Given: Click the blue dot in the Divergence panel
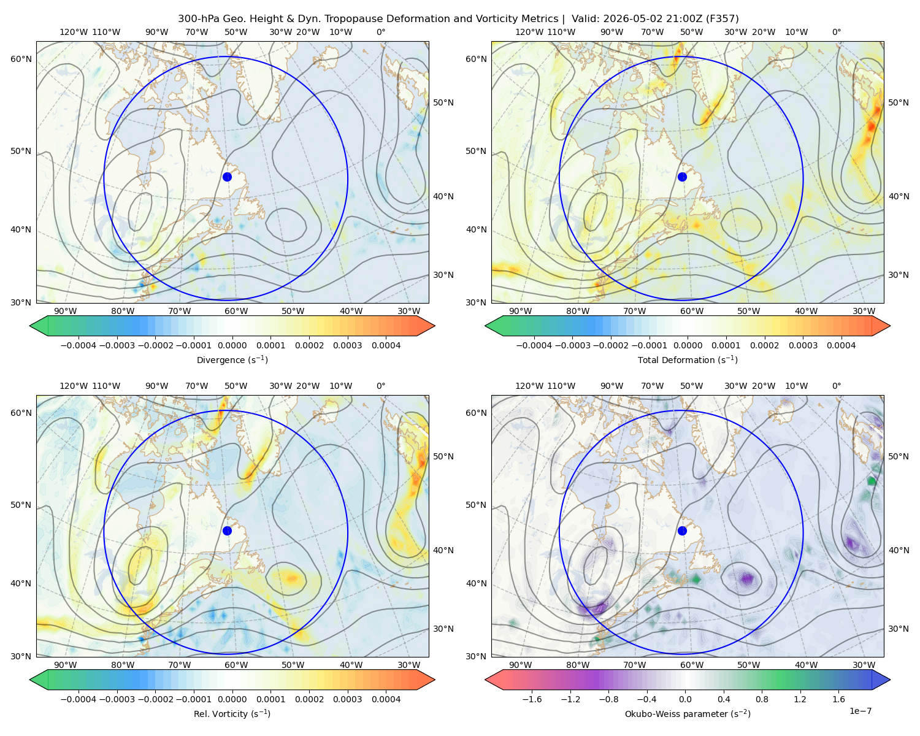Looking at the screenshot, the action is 227,177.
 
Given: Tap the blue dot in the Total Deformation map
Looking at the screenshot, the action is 682,177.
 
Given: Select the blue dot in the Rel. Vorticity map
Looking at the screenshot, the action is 227,531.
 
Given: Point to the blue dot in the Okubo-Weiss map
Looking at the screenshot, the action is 682,531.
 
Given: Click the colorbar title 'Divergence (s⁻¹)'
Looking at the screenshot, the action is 232,359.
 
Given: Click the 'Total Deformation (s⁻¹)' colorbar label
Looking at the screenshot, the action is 688,359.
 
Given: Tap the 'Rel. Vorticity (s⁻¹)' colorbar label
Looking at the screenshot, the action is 232,713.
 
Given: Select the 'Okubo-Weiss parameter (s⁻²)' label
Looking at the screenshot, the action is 688,713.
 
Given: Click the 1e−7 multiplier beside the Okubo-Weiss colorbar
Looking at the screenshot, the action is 860,711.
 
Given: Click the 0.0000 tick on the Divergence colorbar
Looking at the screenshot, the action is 232,345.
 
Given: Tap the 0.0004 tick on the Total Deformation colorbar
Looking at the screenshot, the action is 841,345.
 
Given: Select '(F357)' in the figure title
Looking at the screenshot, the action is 723,19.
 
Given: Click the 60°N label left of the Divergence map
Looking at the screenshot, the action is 21,59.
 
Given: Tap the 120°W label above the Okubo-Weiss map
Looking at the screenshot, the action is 529,386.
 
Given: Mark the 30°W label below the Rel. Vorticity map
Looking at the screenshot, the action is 408,665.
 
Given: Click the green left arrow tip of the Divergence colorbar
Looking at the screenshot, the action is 30,326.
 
